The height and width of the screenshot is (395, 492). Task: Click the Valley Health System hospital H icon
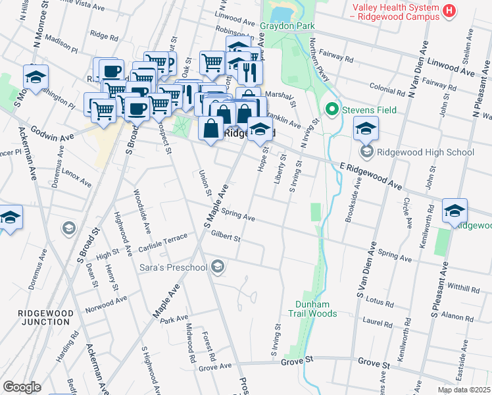pos(450,11)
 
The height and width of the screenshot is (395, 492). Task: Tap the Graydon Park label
pos(287,26)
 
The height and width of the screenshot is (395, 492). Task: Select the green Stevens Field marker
pos(332,109)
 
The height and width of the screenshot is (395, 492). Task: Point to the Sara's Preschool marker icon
pos(218,267)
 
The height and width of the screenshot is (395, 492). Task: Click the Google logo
pos(22,386)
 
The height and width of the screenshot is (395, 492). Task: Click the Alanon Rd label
pos(458,315)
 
